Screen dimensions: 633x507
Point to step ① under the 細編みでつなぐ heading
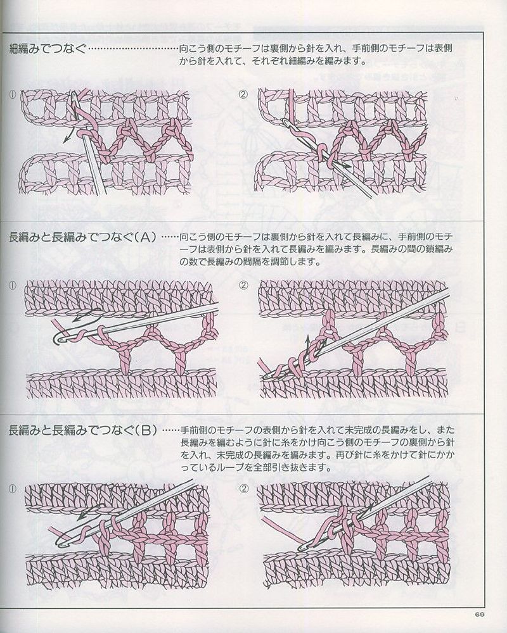click(13, 94)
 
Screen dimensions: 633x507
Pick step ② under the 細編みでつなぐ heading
click(243, 94)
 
